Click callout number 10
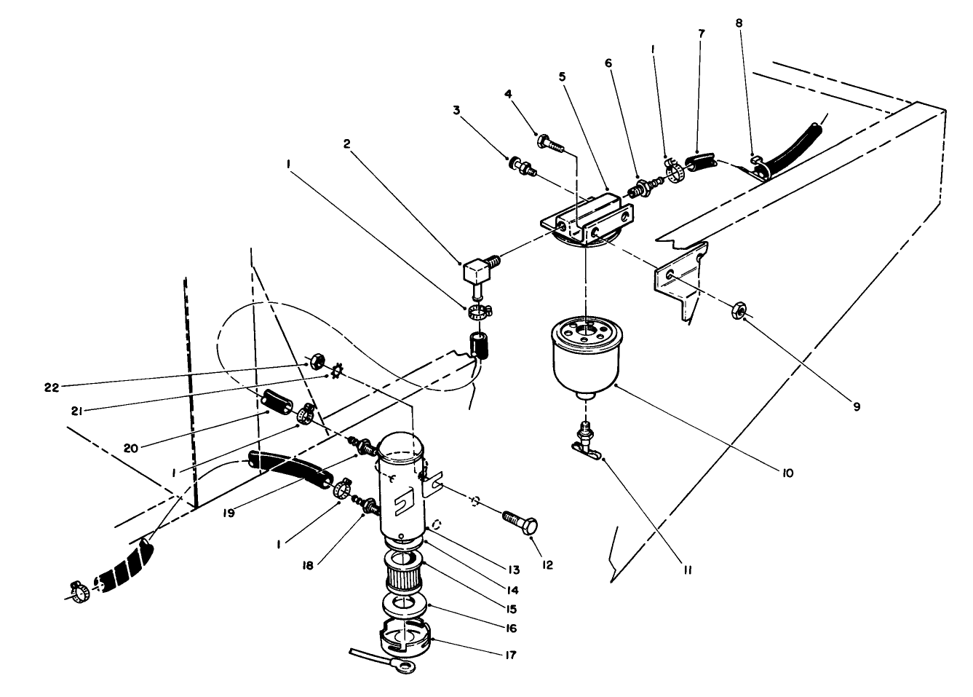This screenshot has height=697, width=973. point(787,473)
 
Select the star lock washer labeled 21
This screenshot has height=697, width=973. point(336,372)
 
